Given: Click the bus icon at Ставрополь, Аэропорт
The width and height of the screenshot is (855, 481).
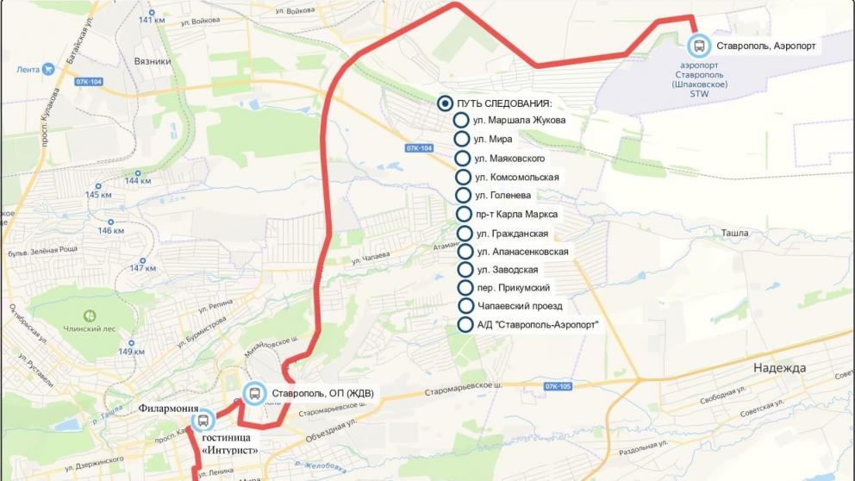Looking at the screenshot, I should pos(699,47).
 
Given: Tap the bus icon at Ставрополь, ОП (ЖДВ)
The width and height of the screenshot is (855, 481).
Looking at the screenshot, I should pos(255,394).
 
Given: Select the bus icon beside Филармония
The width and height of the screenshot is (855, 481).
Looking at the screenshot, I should pos(203,421).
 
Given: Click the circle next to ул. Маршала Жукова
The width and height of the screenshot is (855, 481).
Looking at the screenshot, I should pos(461,121).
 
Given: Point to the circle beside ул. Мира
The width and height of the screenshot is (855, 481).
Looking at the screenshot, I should pos(461,139).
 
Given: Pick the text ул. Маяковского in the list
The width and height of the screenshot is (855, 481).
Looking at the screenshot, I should pos(509,159).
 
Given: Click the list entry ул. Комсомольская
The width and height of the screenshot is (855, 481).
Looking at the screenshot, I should pos(517,177).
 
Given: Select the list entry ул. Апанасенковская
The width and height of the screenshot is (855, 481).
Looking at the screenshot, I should pos(521,252).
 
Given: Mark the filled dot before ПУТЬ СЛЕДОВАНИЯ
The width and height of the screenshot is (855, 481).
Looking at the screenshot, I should pos(445,103).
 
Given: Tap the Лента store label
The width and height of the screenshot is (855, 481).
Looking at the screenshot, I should pos(29,69).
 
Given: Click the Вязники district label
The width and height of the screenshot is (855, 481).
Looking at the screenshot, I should pos(152,62).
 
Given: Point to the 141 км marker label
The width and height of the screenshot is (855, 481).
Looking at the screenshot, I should pos(152,20).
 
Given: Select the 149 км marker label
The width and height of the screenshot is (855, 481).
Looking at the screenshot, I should pos(131,352).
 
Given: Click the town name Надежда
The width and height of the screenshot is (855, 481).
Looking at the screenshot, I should pos(779,368).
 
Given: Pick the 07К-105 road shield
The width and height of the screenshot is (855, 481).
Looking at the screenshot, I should pos(558,386).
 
